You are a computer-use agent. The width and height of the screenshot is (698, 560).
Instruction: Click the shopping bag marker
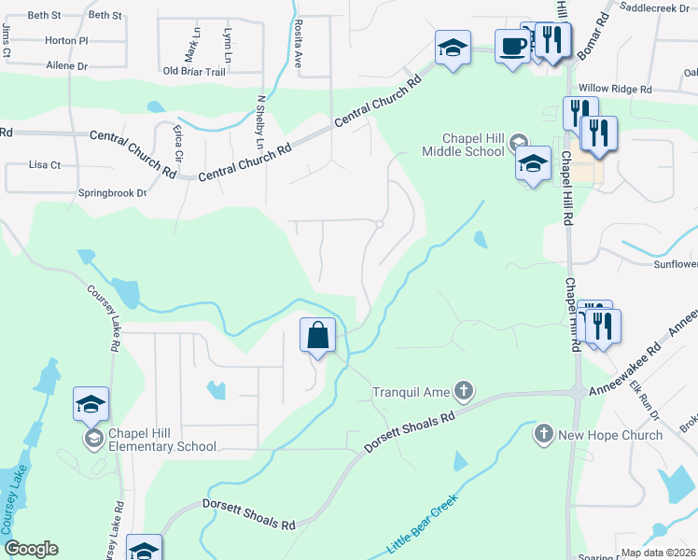click(318, 335)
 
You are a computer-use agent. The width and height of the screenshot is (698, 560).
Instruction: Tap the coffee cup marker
click(512, 47)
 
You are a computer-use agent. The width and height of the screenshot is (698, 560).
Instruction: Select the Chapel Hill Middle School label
click(461, 145)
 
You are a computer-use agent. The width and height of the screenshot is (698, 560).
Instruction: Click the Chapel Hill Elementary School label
click(162, 440)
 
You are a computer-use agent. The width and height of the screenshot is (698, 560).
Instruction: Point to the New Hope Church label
click(609, 435)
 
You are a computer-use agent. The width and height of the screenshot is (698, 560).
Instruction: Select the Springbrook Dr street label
click(113, 193)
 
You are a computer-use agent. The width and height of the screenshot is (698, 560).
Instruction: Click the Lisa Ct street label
click(44, 165)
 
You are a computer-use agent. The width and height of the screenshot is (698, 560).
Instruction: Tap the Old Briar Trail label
click(194, 72)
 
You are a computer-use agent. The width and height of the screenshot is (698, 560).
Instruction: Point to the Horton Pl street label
click(65, 41)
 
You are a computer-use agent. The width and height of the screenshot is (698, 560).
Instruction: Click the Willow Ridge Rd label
click(613, 89)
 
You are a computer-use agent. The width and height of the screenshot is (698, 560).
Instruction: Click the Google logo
click(31, 549)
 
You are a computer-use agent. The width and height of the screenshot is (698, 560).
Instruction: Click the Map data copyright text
click(659, 553)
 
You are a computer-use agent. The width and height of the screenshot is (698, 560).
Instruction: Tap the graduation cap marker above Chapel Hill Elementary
click(91, 404)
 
